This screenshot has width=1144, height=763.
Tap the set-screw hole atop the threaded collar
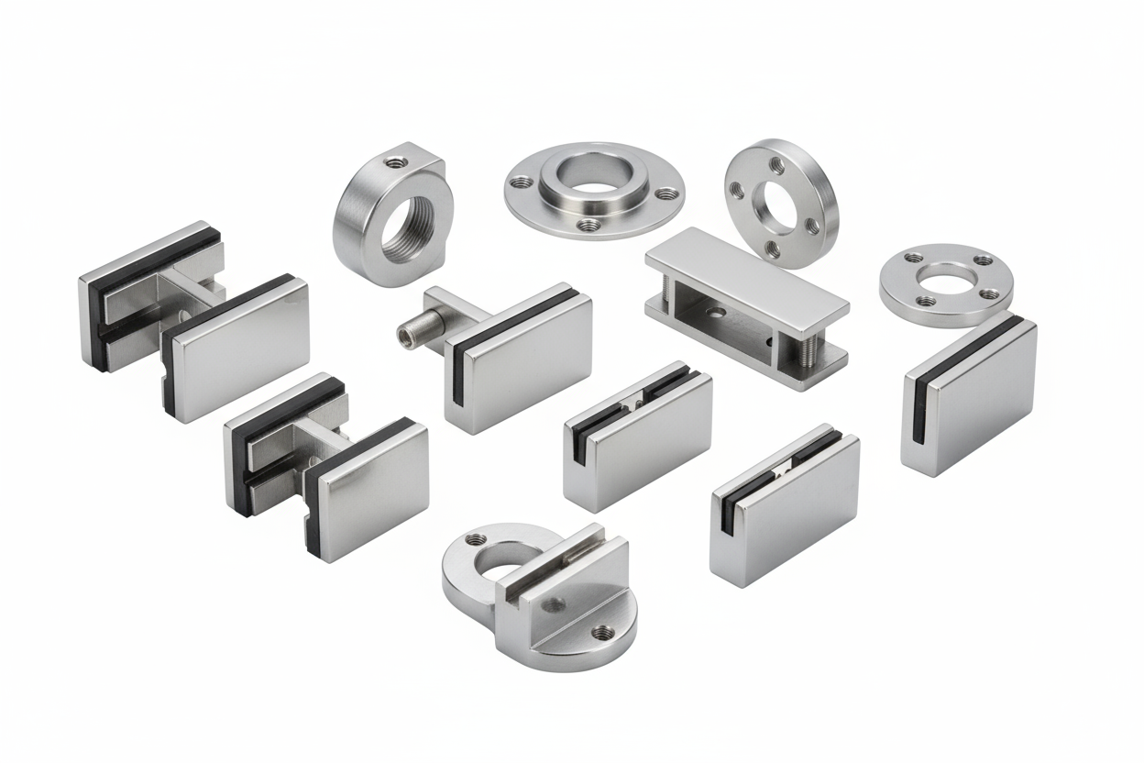(394, 163)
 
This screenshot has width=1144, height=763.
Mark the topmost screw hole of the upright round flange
(776, 165)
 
